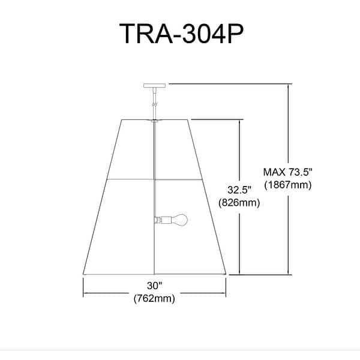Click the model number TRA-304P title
181,34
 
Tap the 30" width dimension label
154,286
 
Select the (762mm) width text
154,298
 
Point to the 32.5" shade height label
239,190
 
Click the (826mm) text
239,203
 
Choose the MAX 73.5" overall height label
288,172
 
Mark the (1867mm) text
288,185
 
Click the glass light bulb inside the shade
179,220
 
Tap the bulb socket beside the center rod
163,220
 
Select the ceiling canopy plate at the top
155,86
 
